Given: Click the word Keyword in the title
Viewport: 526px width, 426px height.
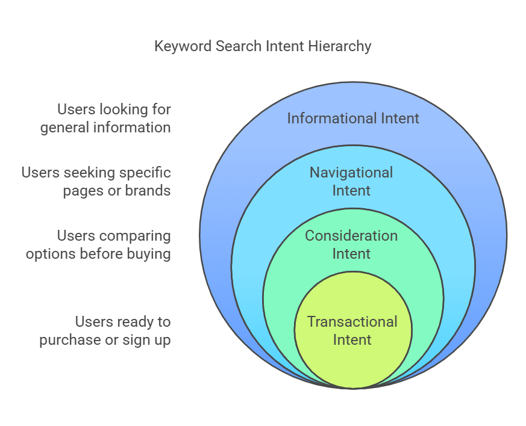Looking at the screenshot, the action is (x=183, y=46).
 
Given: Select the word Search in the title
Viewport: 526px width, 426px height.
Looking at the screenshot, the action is (x=239, y=46).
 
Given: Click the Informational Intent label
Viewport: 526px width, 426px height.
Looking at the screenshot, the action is (x=353, y=118).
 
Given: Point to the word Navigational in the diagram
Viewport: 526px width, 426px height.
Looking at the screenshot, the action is (x=351, y=173).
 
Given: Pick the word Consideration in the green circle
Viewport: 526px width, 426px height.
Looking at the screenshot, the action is (x=351, y=236).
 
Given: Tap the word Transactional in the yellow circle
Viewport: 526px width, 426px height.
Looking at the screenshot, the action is (x=352, y=322).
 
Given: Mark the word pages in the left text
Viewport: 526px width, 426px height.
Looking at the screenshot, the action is (x=83, y=191).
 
